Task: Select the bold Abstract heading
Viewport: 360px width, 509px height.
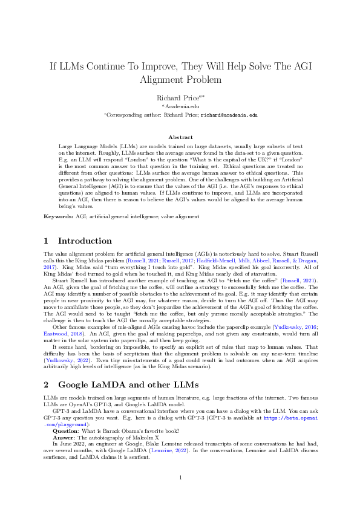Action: [x=180, y=137]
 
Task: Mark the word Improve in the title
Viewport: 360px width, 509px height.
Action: [x=156, y=64]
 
